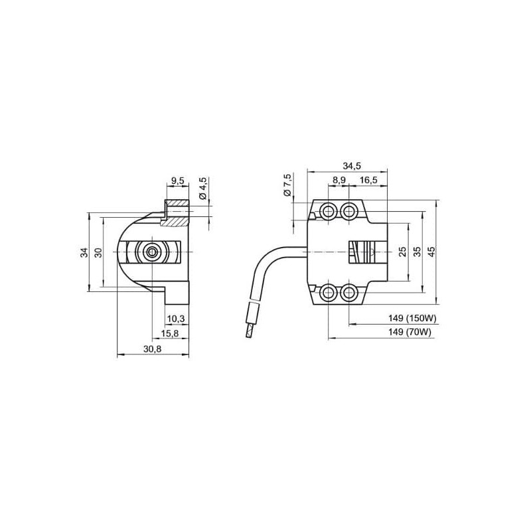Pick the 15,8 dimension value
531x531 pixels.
coord(171,333)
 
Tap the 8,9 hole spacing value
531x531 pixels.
coord(338,180)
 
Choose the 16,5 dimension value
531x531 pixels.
coord(369,180)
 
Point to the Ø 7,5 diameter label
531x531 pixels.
coord(287,184)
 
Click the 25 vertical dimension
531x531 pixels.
coord(402,252)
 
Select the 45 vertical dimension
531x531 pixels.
coord(431,252)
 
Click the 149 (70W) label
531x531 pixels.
coord(410,332)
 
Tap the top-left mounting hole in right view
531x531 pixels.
coord(328,212)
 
